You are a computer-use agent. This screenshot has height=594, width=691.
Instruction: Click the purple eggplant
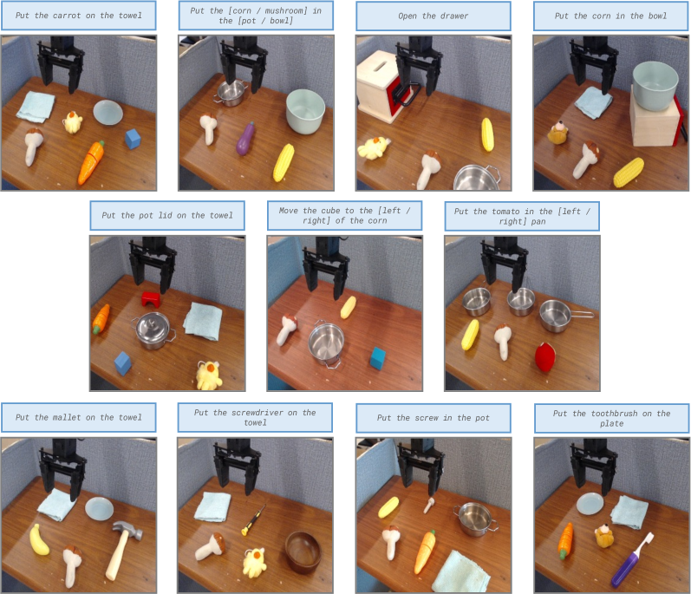(x=245, y=139)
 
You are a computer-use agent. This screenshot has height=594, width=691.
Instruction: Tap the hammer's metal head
(x=127, y=530)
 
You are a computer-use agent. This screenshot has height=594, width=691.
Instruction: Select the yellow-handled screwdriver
(x=253, y=520)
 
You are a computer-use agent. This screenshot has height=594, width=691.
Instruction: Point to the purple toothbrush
(x=631, y=560)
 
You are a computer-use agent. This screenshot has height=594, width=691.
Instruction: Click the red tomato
(x=544, y=357)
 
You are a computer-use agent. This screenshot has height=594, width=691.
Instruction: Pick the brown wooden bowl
(x=303, y=552)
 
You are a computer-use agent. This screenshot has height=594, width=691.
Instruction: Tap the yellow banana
(x=39, y=539)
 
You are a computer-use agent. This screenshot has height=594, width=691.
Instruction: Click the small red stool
(x=151, y=299)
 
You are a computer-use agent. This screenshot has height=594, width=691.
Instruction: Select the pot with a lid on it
(x=153, y=330)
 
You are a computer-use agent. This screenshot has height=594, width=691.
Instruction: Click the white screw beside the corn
(x=429, y=505)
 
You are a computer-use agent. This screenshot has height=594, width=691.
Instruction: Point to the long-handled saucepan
(x=565, y=316)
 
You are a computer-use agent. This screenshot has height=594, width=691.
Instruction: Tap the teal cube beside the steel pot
(x=378, y=358)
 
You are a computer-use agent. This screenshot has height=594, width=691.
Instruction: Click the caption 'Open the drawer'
(x=434, y=16)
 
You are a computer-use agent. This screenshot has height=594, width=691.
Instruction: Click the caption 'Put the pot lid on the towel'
(x=167, y=215)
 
